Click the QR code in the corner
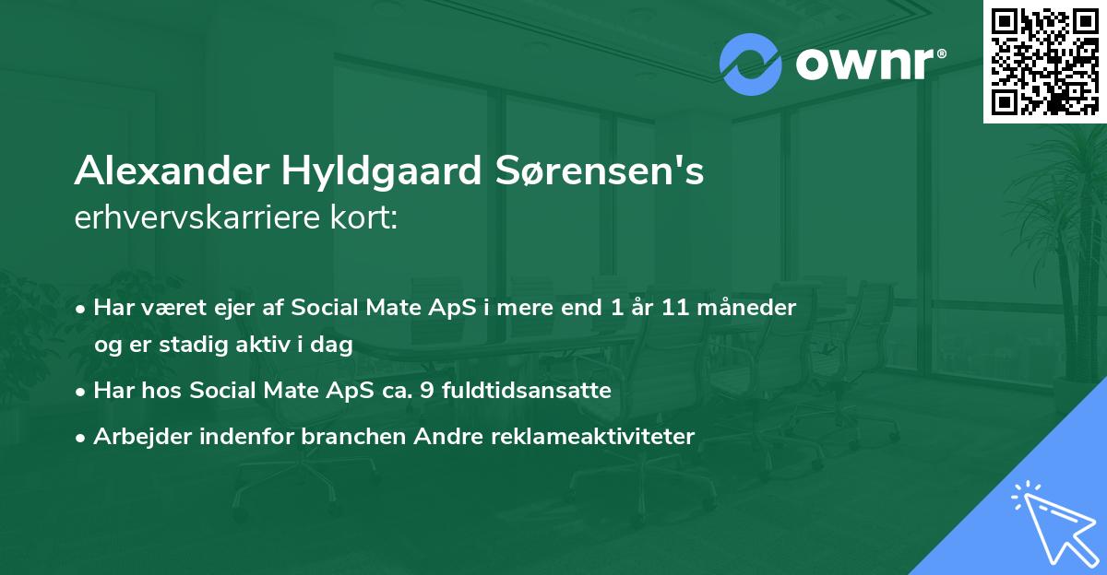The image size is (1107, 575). pyautogui.click(x=1045, y=61)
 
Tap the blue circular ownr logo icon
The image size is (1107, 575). pyautogui.click(x=750, y=64)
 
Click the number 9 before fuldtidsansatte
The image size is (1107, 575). pyautogui.click(x=425, y=391)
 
